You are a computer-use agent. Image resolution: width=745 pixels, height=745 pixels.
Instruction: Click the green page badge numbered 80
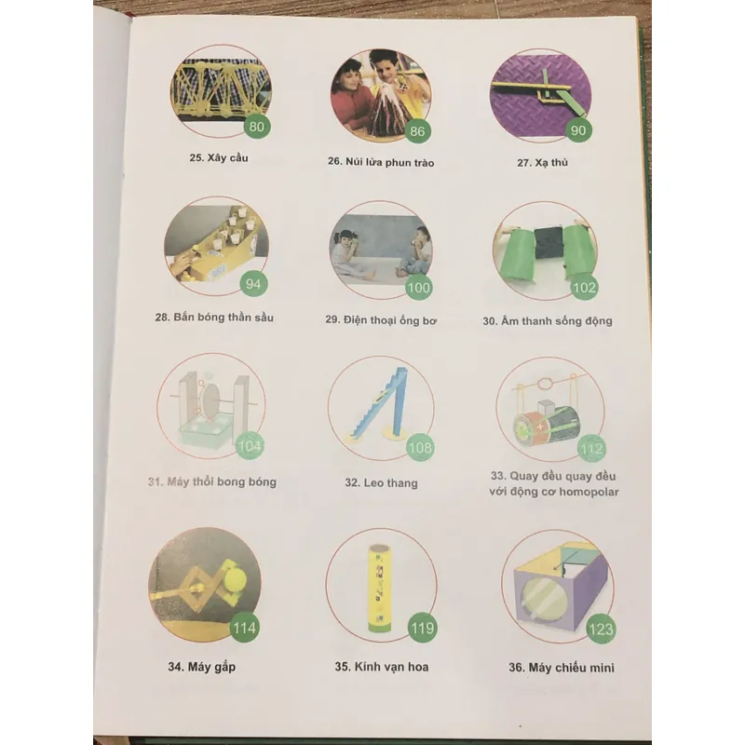257,127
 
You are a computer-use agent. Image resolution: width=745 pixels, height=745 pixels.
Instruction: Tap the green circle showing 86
417,130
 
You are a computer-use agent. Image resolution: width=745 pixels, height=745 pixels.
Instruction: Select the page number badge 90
578,129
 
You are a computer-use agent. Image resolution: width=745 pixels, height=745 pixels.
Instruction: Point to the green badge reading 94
253,284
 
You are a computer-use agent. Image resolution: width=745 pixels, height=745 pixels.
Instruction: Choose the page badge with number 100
418,288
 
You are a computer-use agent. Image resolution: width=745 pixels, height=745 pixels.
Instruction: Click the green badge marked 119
423,629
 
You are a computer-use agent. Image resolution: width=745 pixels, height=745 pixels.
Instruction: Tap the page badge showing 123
601,630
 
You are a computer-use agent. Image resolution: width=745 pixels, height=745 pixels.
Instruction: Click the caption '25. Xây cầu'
219,157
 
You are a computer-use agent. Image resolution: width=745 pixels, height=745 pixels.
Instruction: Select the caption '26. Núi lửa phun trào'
381,162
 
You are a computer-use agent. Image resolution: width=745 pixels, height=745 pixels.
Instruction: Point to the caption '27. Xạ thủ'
542,162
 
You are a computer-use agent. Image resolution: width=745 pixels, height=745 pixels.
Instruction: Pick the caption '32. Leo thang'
381,482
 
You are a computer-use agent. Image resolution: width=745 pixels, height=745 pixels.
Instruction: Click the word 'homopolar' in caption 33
589,492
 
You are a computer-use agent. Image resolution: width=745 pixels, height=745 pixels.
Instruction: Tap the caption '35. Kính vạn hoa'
382,667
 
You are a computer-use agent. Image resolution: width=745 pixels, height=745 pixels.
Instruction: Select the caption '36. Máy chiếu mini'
562,668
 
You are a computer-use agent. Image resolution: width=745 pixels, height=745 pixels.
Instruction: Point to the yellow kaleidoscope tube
380,589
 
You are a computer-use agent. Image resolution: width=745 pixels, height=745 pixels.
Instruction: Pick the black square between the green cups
549,243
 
